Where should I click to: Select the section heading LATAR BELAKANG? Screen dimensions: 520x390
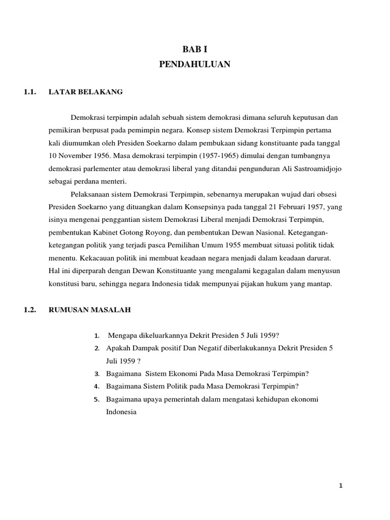coord(86,92)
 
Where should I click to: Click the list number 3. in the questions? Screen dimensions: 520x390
coord(97,374)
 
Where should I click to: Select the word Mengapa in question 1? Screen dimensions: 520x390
coord(123,336)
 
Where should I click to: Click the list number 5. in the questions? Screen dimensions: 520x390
coord(97,399)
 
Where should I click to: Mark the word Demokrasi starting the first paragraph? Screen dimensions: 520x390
coord(88,118)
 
